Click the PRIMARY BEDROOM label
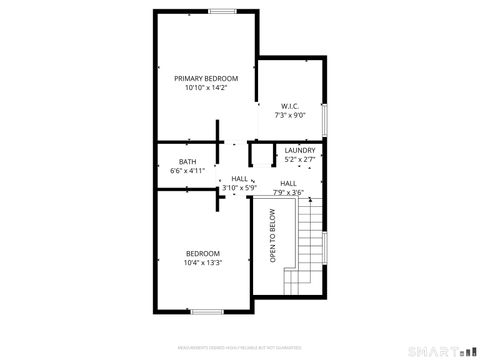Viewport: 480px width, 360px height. click(x=206, y=78)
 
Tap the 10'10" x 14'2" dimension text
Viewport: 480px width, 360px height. click(x=206, y=88)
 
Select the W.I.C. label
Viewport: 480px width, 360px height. click(x=290, y=105)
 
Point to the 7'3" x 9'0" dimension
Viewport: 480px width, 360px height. click(x=290, y=115)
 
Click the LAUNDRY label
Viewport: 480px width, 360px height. click(x=300, y=151)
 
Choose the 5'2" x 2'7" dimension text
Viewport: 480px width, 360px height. click(x=300, y=160)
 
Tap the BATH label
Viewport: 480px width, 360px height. click(x=187, y=162)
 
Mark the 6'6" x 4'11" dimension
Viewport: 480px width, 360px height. click(x=187, y=171)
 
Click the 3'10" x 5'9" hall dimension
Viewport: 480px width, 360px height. click(x=239, y=187)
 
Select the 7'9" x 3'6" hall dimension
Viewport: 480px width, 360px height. click(x=288, y=192)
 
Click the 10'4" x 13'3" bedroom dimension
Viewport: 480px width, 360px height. click(x=202, y=263)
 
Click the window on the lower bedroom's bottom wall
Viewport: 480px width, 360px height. click(x=205, y=311)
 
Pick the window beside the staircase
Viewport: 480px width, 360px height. click(x=327, y=246)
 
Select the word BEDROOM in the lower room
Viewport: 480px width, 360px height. click(x=202, y=253)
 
